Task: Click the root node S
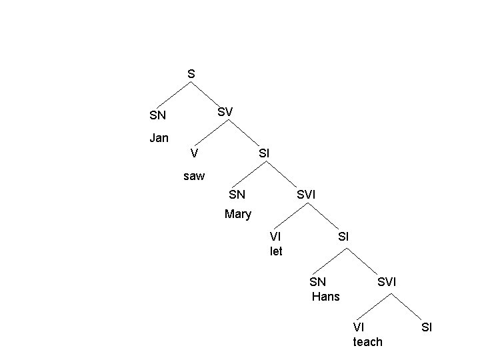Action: (191, 74)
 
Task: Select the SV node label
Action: (225, 112)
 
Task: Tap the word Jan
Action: (159, 139)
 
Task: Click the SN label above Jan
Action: (158, 115)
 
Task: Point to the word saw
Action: (194, 177)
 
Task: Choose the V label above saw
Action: (193, 153)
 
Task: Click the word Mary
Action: (238, 214)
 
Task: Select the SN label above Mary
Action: (237, 195)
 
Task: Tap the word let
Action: (276, 251)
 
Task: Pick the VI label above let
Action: (275, 236)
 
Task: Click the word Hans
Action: (325, 297)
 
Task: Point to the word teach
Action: (367, 342)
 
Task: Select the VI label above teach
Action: (359, 327)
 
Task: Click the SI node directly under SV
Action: (263, 153)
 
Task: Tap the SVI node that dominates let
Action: (306, 195)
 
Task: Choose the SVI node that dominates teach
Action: (387, 282)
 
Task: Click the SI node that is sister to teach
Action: (427, 327)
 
